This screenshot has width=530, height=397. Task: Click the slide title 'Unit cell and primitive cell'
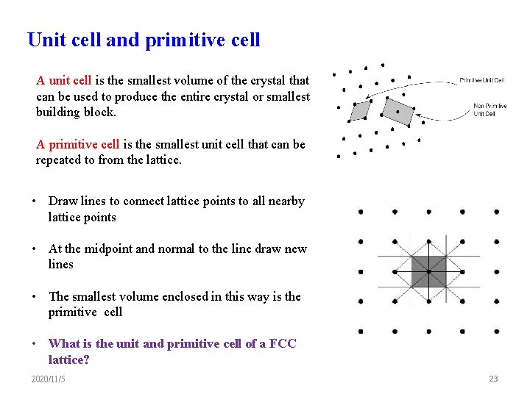pyautogui.click(x=144, y=40)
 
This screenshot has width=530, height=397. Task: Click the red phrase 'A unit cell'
pyautogui.click(x=63, y=80)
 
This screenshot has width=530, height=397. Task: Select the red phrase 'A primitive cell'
pyautogui.click(x=77, y=144)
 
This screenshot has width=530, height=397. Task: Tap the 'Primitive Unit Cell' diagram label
pyautogui.click(x=482, y=80)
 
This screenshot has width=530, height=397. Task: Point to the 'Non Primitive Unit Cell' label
pyautogui.click(x=490, y=110)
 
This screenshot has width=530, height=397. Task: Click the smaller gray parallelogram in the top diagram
pyautogui.click(x=360, y=110)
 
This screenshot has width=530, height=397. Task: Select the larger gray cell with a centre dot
pyautogui.click(x=398, y=112)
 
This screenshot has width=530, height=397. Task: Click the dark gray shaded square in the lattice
pyautogui.click(x=428, y=272)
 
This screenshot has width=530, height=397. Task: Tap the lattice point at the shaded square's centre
pyautogui.click(x=428, y=272)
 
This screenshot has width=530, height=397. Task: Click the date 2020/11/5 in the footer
pyautogui.click(x=48, y=379)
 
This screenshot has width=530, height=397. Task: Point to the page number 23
pyautogui.click(x=493, y=379)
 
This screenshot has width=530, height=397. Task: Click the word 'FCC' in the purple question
pyautogui.click(x=283, y=343)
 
